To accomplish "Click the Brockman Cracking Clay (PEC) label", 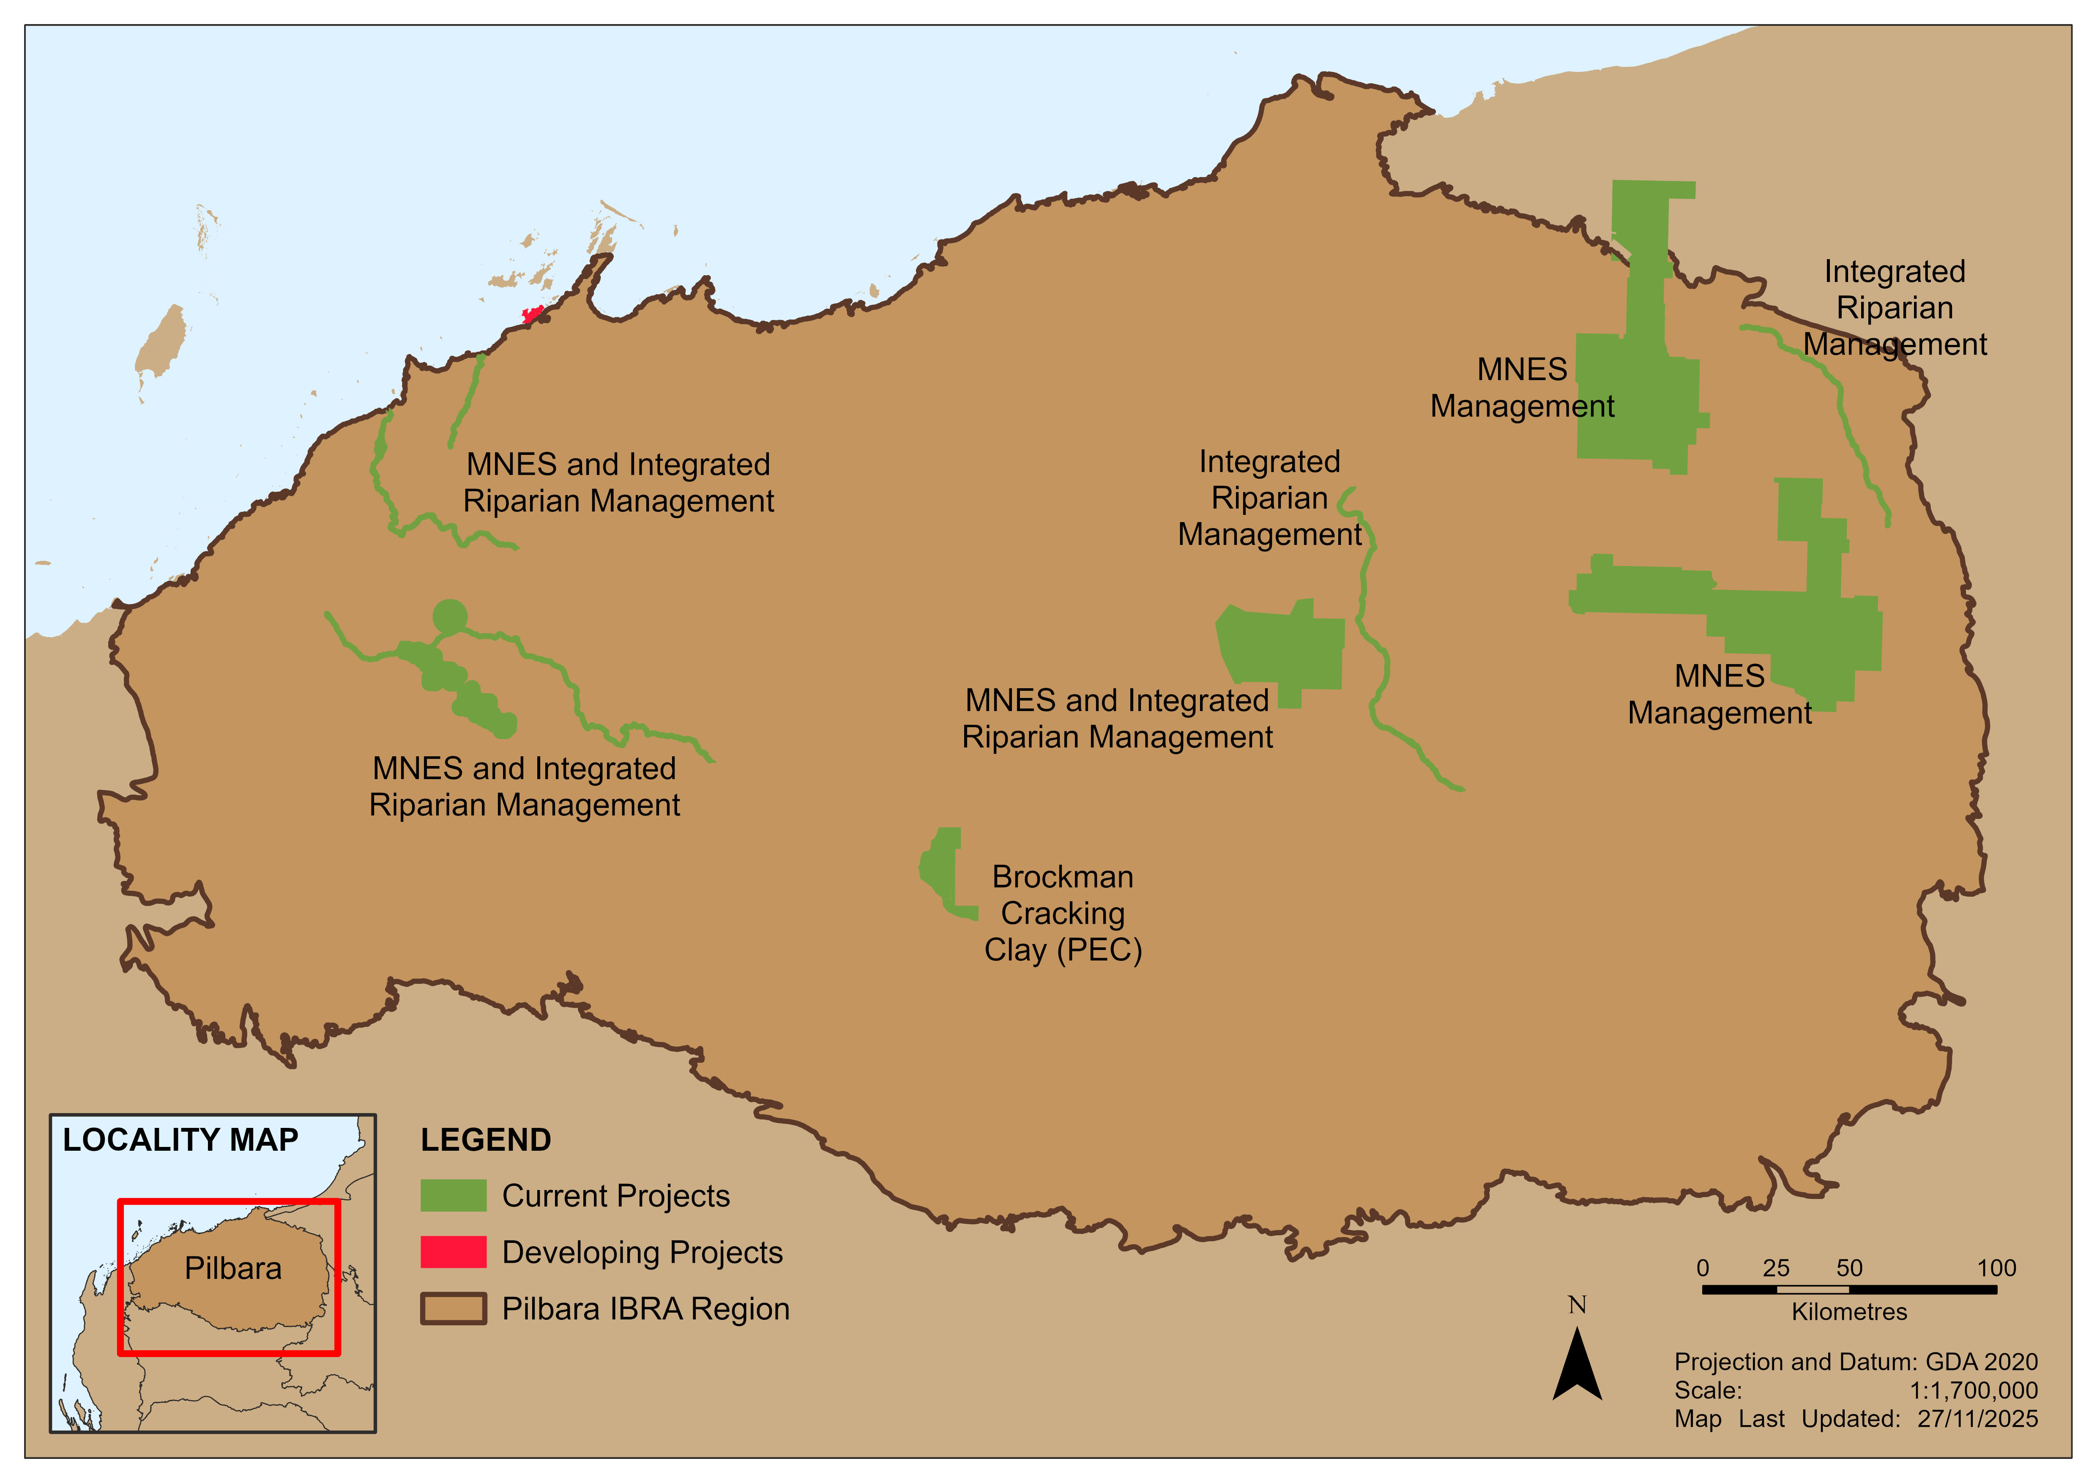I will point(1063,913).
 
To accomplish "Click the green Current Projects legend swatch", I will point(453,1196).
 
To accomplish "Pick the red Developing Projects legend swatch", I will point(453,1252).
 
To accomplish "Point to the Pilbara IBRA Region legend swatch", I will point(453,1308).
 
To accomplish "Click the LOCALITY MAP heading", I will point(181,1140).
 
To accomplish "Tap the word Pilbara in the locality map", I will point(233,1268).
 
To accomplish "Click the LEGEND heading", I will point(486,1140).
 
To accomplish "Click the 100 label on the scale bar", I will point(1996,1268).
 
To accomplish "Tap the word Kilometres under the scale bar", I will point(1849,1312).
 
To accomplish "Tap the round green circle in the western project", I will point(449,617).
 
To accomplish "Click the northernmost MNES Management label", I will point(1523,388).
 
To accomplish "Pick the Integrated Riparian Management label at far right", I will point(1895,308).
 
